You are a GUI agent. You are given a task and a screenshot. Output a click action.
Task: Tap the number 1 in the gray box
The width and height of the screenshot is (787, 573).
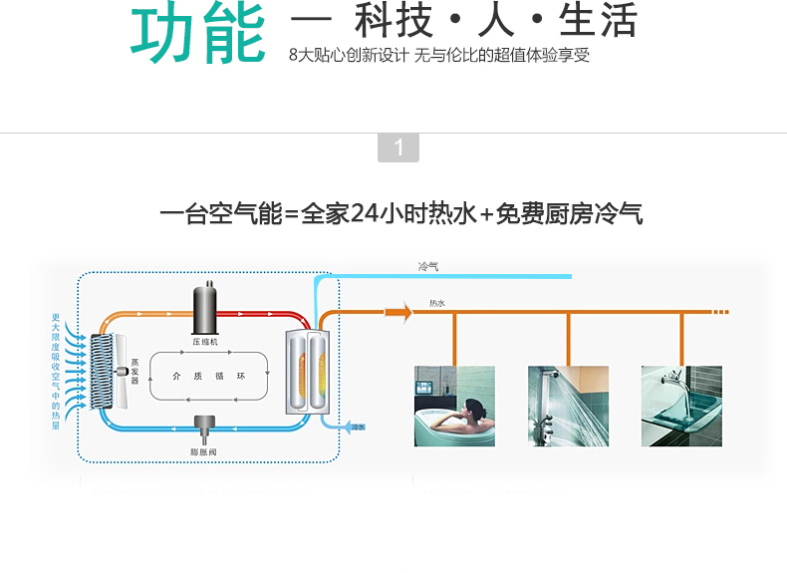tap(398, 148)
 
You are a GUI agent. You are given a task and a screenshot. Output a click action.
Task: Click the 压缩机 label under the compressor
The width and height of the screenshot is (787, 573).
tap(207, 341)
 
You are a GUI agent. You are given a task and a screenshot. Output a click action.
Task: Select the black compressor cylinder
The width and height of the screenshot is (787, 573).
tap(207, 305)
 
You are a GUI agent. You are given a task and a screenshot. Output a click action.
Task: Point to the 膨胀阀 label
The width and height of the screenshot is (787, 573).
tap(205, 451)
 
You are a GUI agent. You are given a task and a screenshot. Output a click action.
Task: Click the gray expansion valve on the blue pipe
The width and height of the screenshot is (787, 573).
tap(205, 426)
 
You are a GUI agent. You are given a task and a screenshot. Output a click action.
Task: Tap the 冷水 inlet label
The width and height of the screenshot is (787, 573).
tap(358, 427)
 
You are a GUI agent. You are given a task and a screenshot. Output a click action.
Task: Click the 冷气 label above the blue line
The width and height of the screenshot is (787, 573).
tap(428, 266)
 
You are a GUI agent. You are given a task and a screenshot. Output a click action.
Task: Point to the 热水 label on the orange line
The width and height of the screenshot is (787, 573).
tap(437, 302)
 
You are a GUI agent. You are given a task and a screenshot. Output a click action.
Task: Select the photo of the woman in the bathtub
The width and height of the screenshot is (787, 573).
tap(454, 406)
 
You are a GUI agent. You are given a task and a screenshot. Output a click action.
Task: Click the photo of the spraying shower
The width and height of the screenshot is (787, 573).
tap(568, 406)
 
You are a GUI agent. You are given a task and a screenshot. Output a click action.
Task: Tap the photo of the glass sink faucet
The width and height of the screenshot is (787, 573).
tap(681, 406)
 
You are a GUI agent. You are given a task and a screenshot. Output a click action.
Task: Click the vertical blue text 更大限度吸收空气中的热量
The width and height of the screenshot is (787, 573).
tap(56, 372)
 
